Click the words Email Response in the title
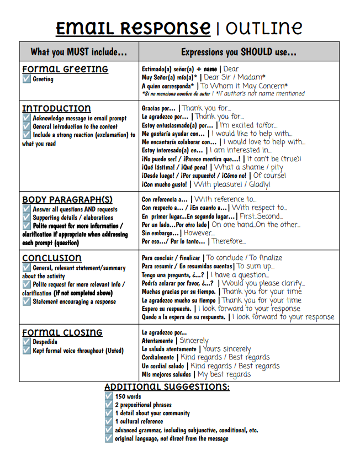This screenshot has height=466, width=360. coord(133,27)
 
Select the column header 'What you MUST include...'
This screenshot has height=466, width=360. coord(79,52)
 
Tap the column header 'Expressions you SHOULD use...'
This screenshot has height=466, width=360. coord(239,52)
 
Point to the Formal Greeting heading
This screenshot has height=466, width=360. coord(65,70)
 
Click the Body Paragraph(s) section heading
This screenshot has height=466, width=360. coord(67,199)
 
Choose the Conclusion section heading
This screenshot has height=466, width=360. coord(52,258)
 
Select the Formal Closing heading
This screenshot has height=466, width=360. coord(62,332)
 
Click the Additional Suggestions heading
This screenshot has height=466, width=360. coord(167,386)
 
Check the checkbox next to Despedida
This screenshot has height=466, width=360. coord(27,342)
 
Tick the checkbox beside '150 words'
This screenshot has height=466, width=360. coord(109,396)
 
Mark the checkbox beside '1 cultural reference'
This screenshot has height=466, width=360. coord(109,421)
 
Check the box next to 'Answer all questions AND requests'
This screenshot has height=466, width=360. coord(27,209)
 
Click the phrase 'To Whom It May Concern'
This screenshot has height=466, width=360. coord(244,86)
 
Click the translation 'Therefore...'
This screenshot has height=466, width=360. coord(229,241)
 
